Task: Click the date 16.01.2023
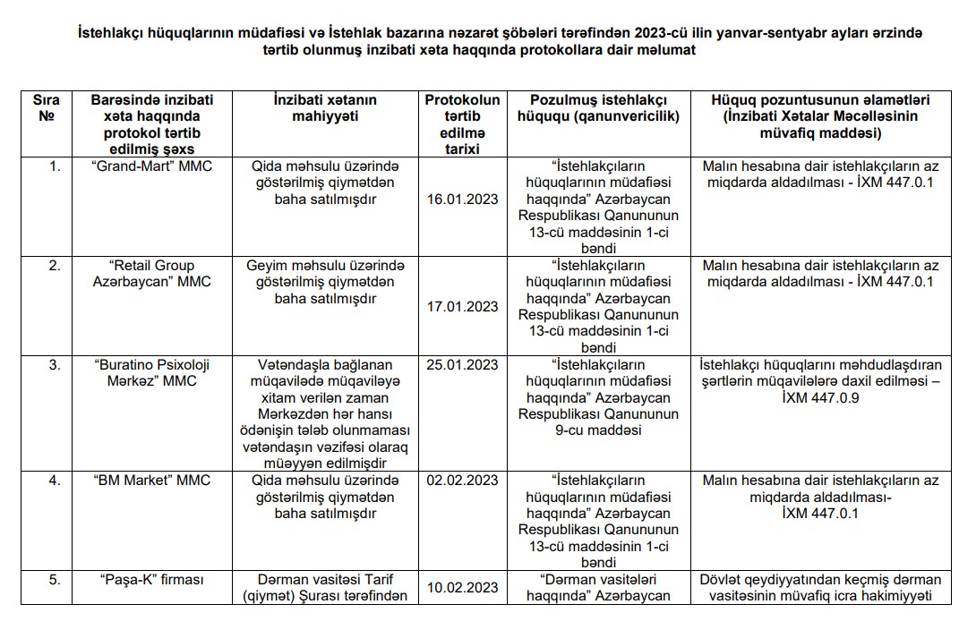(463, 199)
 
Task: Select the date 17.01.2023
(463, 307)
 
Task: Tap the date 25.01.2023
(463, 364)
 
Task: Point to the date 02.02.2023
(463, 481)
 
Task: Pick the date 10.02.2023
(463, 587)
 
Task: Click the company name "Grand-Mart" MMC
(151, 166)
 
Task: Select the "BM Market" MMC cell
(151, 481)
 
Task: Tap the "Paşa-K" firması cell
(151, 579)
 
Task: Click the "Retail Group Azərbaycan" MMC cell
(151, 273)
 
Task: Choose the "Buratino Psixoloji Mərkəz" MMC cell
(151, 372)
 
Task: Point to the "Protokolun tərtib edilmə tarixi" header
(463, 124)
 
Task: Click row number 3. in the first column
(55, 364)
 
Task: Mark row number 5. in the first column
(55, 579)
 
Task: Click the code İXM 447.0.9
(820, 397)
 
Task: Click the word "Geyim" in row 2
(267, 265)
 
